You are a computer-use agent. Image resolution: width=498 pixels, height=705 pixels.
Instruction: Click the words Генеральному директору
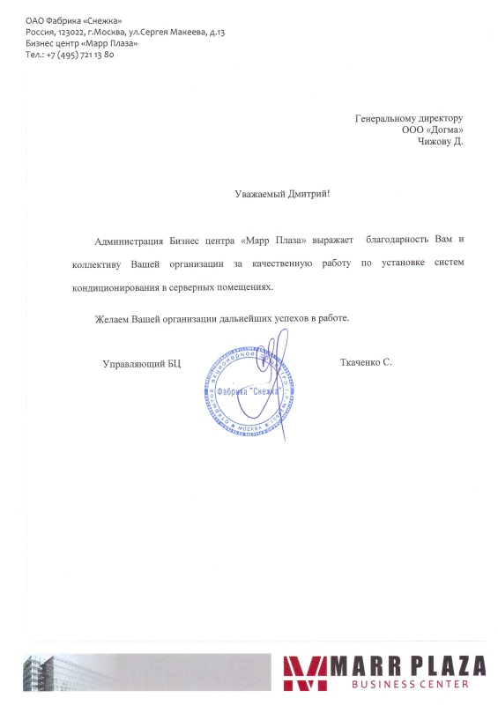[x=408, y=117]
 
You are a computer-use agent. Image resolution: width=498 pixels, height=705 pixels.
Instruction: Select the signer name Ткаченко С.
[x=365, y=362]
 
